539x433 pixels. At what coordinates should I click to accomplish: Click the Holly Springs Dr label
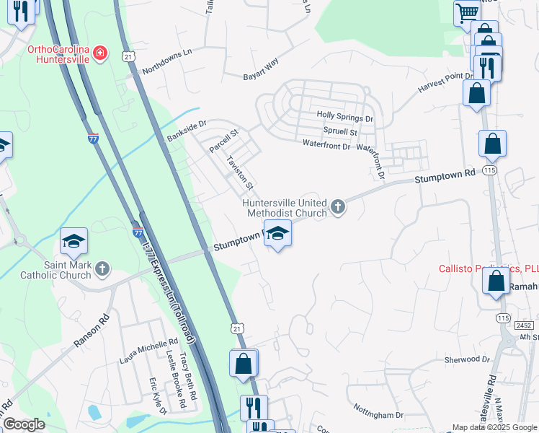click(345, 118)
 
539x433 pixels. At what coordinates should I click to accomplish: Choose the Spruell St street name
click(340, 132)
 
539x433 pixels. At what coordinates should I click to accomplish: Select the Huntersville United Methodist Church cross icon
click(337, 209)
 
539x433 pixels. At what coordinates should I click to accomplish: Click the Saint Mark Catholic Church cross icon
click(102, 269)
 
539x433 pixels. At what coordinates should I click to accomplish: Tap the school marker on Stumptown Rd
click(277, 234)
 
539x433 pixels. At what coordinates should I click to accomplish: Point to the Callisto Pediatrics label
click(483, 268)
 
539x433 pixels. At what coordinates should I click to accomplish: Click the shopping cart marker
click(467, 12)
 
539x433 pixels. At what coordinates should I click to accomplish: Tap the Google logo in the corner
click(24, 424)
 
